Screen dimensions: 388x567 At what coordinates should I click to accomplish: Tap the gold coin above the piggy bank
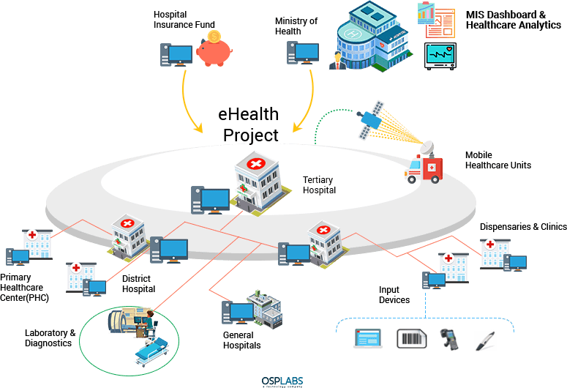pos(214,37)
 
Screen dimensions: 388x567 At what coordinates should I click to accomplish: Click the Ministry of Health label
pos(296,26)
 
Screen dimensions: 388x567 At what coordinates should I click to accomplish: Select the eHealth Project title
pos(250,125)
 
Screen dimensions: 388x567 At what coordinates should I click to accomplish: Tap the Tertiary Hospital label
pos(320,184)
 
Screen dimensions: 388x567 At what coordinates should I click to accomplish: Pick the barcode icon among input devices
pos(411,338)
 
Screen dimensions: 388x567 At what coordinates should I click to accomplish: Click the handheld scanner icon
pos(448,339)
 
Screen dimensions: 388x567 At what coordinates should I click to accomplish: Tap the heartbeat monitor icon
pos(440,56)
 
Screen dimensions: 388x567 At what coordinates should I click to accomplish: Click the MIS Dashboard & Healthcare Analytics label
pos(513,20)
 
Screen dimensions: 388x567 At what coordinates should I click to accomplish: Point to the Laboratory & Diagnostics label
pos(50,337)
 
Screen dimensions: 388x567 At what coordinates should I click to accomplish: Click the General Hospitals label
pos(241,340)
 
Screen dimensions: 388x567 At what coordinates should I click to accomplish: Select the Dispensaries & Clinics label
pos(523,227)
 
